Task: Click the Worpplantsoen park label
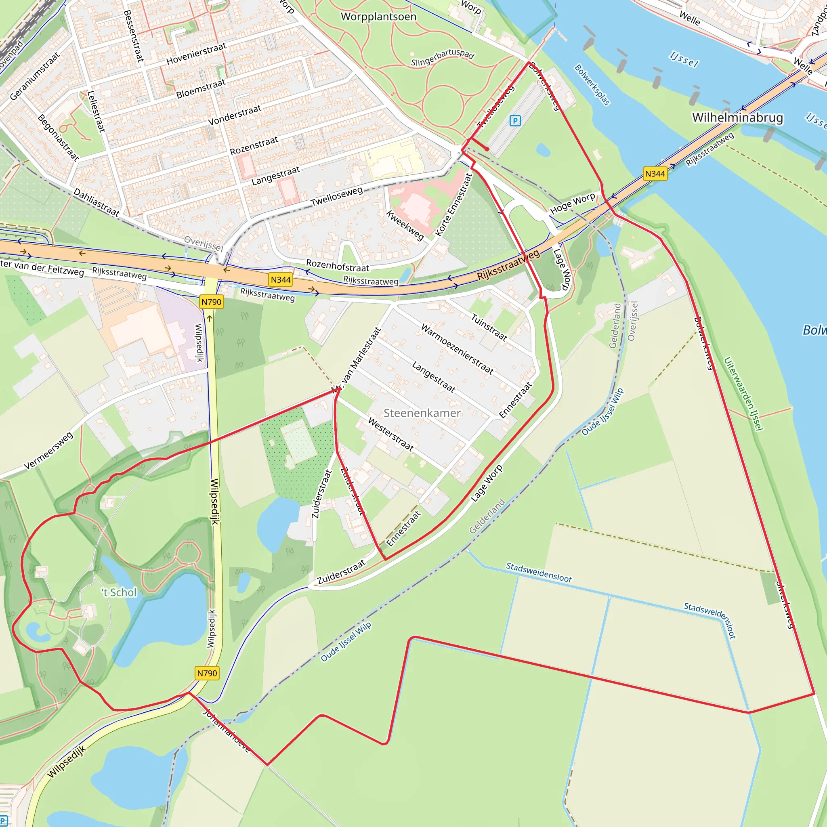[x=378, y=17]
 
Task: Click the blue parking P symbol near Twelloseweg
[x=515, y=121]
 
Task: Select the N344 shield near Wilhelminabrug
[x=655, y=173]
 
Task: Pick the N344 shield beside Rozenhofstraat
[x=281, y=279]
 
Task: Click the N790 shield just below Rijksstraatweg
[x=211, y=302]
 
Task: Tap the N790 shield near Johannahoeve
[x=207, y=673]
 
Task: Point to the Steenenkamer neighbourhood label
[x=422, y=413]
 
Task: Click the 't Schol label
[x=119, y=592]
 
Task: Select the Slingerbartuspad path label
[x=443, y=57]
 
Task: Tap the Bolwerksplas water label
[x=592, y=84]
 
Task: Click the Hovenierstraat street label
[x=196, y=54]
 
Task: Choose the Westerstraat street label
[x=391, y=434]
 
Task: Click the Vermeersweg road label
[x=48, y=451]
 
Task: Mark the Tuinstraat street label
[x=489, y=327]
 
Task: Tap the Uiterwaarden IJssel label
[x=743, y=393]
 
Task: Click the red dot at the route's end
[x=487, y=149]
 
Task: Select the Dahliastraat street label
[x=97, y=202]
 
